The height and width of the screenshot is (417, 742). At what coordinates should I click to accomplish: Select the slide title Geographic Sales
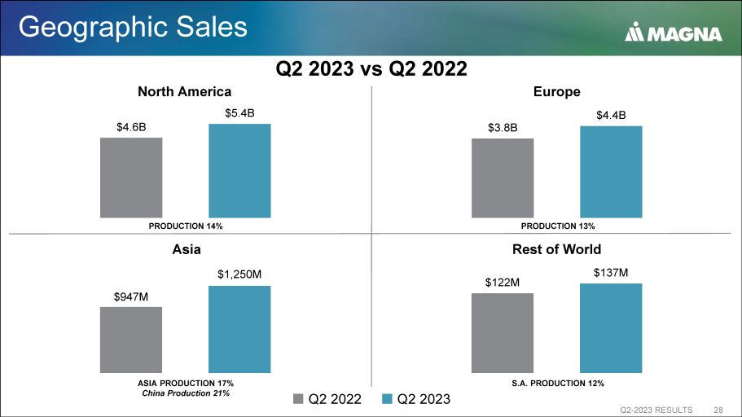tap(133, 27)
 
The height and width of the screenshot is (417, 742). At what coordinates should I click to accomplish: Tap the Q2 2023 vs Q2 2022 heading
tap(371, 68)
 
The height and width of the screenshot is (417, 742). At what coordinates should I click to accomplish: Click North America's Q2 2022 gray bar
tap(131, 178)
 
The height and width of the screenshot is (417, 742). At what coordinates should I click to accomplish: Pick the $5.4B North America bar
tap(239, 171)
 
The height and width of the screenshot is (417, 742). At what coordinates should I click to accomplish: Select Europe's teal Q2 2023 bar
tap(611, 172)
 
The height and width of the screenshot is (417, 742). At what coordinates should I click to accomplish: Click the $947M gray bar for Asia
tap(131, 340)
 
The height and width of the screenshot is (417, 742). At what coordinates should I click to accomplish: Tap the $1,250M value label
tap(239, 274)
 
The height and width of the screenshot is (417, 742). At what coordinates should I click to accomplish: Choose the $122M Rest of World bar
tap(503, 332)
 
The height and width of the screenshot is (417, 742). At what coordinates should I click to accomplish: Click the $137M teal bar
tap(611, 327)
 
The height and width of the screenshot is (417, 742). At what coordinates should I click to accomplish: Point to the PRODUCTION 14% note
tap(185, 226)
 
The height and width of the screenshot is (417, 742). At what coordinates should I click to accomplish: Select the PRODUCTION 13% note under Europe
tap(558, 226)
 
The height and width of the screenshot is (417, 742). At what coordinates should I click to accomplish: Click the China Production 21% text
tap(185, 393)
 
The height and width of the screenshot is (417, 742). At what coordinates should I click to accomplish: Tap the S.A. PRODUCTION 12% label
tap(558, 382)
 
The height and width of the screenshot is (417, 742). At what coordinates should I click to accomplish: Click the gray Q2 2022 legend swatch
tap(298, 399)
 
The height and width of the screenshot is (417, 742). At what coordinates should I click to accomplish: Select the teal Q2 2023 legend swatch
tap(388, 399)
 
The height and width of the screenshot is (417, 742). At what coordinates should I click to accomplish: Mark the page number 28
tap(718, 409)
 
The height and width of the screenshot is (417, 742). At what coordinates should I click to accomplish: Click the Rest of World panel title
tap(556, 249)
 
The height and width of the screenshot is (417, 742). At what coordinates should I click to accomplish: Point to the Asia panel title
tap(185, 249)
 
